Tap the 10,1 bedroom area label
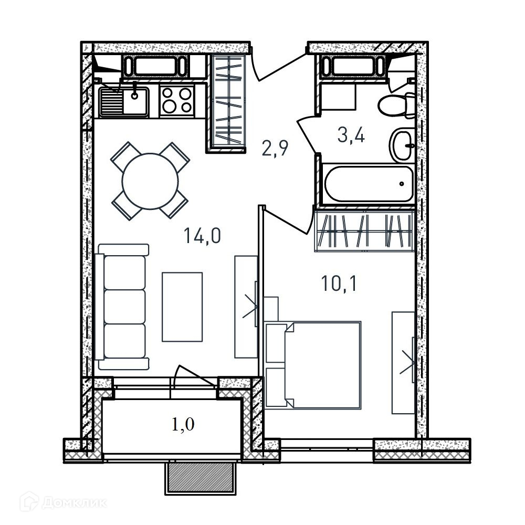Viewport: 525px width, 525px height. point(339,283)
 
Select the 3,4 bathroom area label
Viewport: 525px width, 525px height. point(351,135)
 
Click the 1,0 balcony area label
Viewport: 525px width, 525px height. point(183,425)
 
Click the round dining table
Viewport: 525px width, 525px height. point(150,181)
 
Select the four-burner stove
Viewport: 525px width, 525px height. point(177,101)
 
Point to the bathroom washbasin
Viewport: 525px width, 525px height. point(402,145)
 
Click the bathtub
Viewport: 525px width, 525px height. point(369,184)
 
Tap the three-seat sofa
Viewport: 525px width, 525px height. point(122,307)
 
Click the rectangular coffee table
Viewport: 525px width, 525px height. point(182,307)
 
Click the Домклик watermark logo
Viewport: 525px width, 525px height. point(63,502)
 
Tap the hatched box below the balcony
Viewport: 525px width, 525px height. point(201,479)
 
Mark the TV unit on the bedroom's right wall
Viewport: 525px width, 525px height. point(404,363)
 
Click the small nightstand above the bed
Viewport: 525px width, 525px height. point(271,309)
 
